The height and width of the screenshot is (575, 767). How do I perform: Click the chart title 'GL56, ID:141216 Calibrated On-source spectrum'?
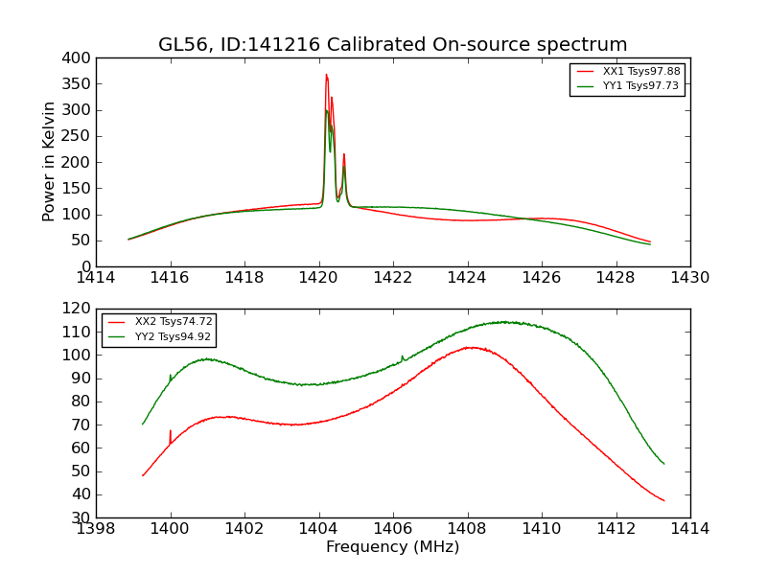[x=392, y=44]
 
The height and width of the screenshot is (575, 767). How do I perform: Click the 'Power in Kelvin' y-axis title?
[x=49, y=162]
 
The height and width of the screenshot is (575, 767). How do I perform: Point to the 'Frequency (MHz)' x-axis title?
[x=392, y=547]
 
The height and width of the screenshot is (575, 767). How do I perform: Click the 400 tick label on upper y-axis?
[x=78, y=57]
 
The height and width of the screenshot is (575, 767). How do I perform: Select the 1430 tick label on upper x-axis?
[x=689, y=278]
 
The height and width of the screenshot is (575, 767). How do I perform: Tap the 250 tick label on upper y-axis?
[x=78, y=136]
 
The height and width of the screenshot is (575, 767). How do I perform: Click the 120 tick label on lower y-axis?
[x=78, y=309]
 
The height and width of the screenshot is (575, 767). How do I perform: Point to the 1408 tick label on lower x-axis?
[x=467, y=529]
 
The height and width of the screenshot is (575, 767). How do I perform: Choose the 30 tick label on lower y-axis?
[x=81, y=517]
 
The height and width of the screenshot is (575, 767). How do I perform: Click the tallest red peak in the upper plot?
[x=326, y=76]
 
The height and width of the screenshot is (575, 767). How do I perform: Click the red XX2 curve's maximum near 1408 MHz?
[x=469, y=347]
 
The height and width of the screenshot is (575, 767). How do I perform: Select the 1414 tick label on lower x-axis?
[x=689, y=529]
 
